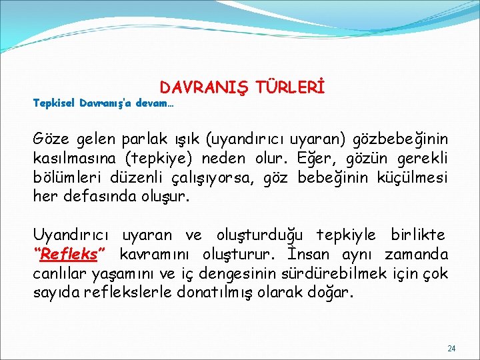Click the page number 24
451,349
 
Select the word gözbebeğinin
405,140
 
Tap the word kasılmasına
71,159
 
